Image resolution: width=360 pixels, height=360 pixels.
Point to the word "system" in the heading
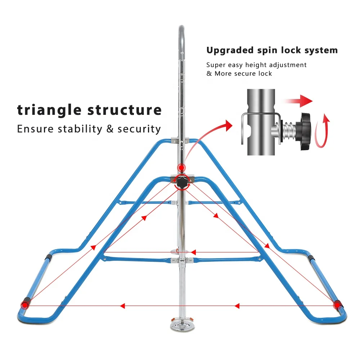320,50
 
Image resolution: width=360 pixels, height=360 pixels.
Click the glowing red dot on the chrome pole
181,167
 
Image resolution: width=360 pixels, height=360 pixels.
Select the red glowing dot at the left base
24,304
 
